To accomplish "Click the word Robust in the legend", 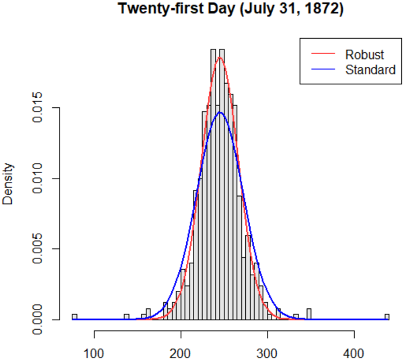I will pyautogui.click(x=365, y=54).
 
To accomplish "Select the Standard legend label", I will pyautogui.click(x=370, y=70).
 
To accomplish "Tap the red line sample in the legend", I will pyautogui.click(x=323, y=54).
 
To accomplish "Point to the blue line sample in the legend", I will pyautogui.click(x=323, y=70).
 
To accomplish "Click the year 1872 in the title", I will pyautogui.click(x=320, y=10).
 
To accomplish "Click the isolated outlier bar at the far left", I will pyautogui.click(x=74, y=317).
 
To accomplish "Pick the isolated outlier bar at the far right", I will pyautogui.click(x=387, y=317).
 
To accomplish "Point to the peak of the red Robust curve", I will pyautogui.click(x=220, y=57).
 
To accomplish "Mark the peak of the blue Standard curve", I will pyautogui.click(x=220, y=112).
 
